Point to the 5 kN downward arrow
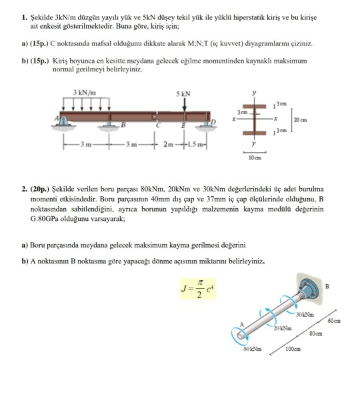pos(184,105)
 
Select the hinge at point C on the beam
pos(158,116)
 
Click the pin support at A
pos(66,121)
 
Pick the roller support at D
pos(206,121)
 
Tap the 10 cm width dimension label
pos(254,159)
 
